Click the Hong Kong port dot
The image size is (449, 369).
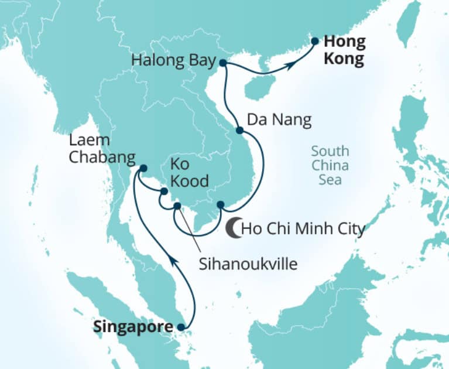tap(314, 42)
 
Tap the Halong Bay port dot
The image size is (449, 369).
tap(223, 61)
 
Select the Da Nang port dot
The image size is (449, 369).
tap(239, 131)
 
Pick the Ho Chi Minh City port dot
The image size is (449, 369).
tap(221, 204)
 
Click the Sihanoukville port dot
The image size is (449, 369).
tap(177, 206)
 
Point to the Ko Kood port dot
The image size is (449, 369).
tap(164, 191)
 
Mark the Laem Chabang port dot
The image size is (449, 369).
tap(142, 169)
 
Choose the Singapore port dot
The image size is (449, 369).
tap(181, 327)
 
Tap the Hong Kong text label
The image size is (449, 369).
tap(344, 50)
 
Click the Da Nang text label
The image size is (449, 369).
tap(279, 121)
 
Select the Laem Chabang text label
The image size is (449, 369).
tap(102, 149)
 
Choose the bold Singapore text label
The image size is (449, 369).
tap(133, 327)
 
